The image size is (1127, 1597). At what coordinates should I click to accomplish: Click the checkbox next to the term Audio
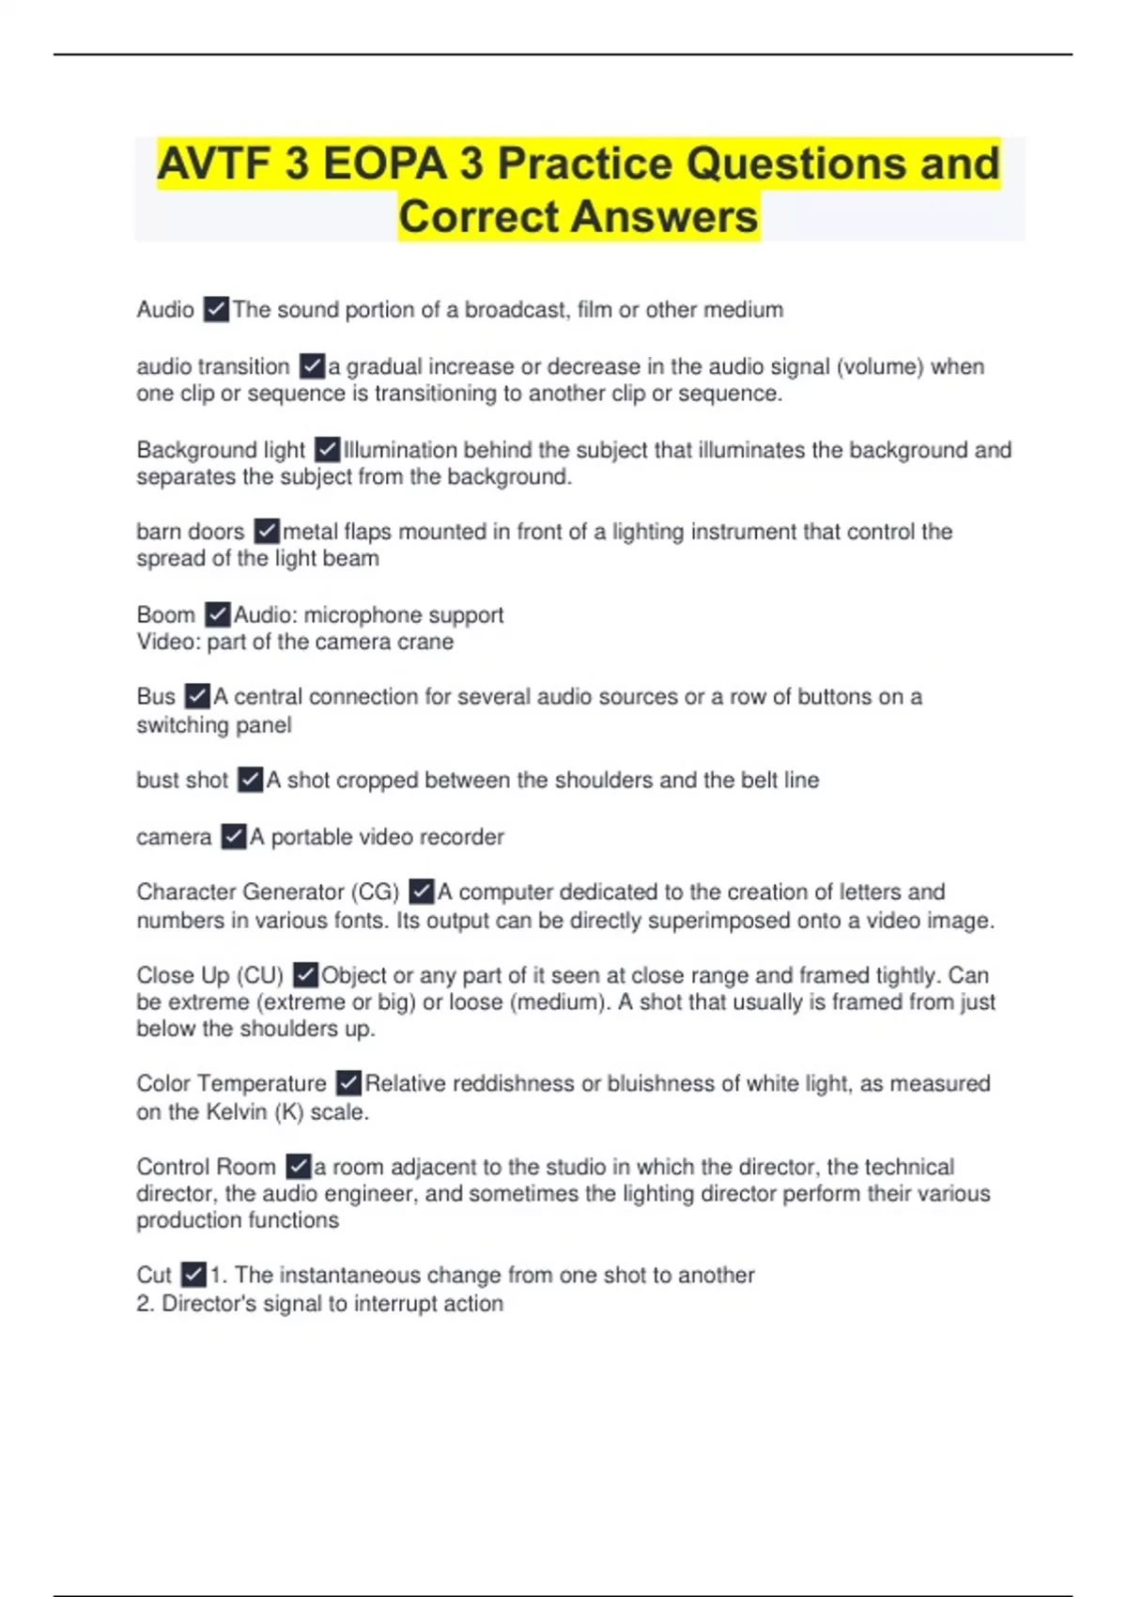click(216, 309)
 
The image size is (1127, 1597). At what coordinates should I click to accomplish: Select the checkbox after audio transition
click(312, 365)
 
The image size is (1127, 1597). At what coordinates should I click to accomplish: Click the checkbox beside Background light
click(327, 449)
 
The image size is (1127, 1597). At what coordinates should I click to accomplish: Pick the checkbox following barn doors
click(267, 531)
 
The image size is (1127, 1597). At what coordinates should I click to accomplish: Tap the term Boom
click(165, 615)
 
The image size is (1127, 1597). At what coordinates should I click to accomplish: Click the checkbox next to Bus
click(197, 696)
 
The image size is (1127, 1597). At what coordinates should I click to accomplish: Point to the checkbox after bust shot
click(250, 780)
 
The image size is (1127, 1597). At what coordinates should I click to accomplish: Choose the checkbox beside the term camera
click(233, 836)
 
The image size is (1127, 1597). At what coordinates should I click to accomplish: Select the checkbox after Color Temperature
click(348, 1083)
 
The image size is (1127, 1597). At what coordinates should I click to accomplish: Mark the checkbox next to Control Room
click(298, 1167)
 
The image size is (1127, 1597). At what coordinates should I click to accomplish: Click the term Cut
click(153, 1276)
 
